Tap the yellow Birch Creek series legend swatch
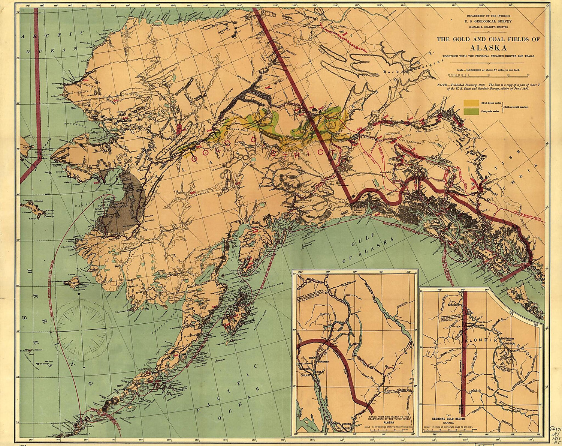pos(471,103)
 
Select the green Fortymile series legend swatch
pos(471,111)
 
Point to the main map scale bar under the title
pos(487,75)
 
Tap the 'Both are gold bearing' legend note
pos(516,107)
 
